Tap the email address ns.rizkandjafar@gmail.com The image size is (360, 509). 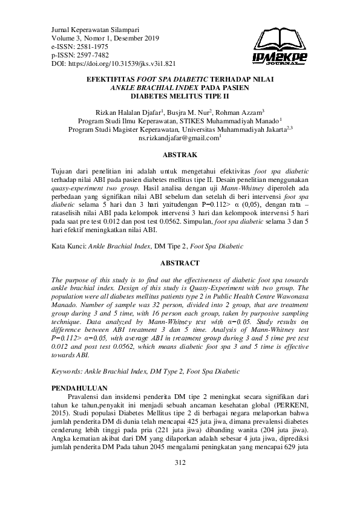click(178, 138)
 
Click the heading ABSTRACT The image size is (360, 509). click(180, 264)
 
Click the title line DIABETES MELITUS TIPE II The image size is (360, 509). click(180, 96)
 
